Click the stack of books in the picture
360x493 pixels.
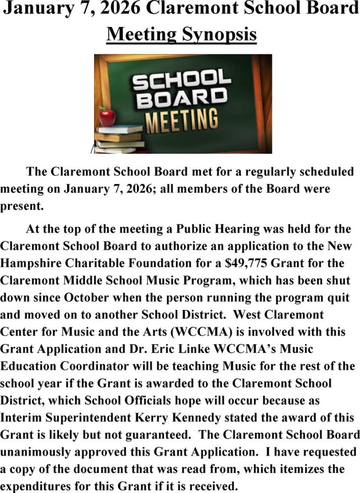click(117, 139)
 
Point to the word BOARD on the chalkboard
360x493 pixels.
click(182, 98)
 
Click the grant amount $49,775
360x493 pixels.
click(247, 263)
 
